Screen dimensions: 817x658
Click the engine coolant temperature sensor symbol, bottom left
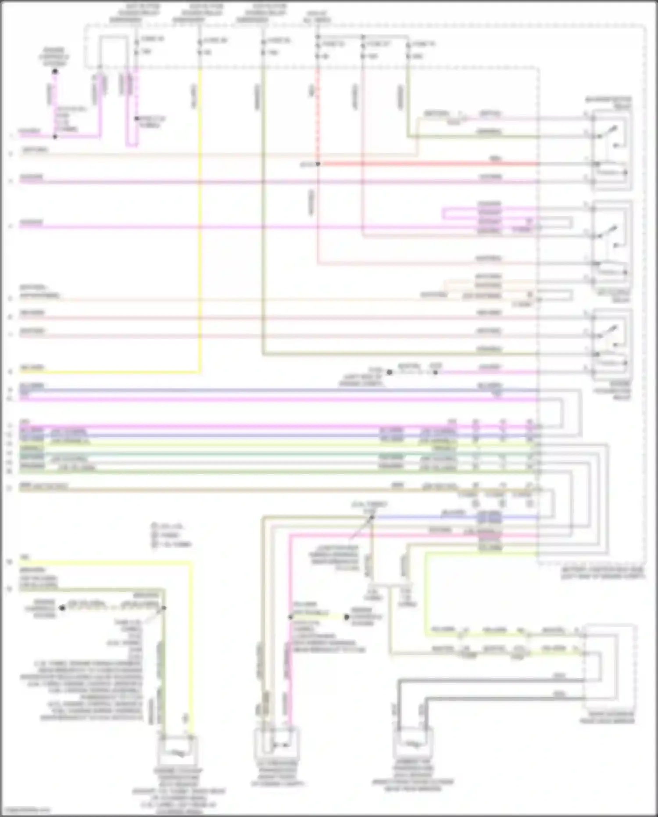[178, 752]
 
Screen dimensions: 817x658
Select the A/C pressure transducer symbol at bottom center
[277, 745]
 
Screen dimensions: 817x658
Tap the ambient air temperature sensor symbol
[413, 743]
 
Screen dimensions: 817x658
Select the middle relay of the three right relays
[612, 244]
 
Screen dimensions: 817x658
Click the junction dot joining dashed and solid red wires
[318, 164]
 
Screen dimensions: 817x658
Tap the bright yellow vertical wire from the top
[200, 220]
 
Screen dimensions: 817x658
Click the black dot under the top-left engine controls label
[55, 71]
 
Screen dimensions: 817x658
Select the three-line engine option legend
[171, 535]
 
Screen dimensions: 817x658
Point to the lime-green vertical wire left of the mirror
[425, 593]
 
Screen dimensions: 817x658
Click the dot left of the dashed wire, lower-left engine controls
[62, 608]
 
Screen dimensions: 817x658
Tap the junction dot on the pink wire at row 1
[55, 137]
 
